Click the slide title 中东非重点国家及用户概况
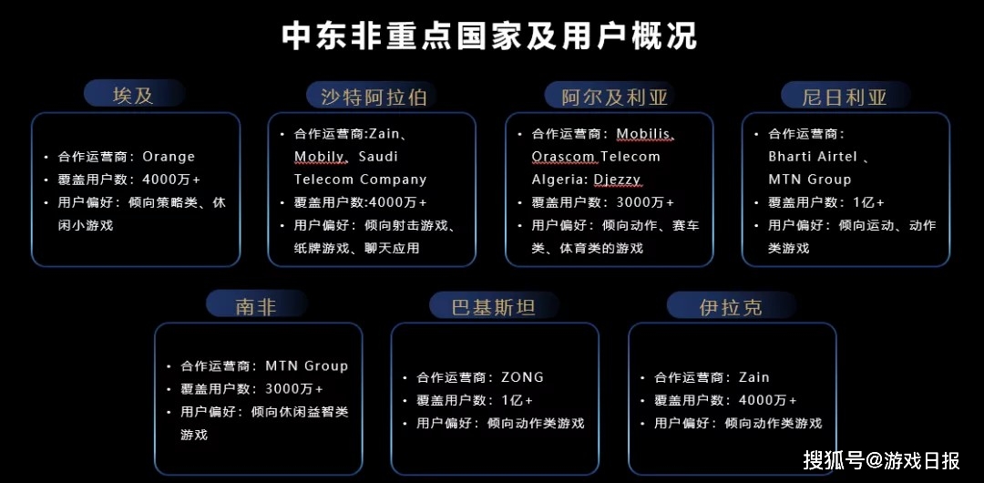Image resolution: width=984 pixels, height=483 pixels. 489,36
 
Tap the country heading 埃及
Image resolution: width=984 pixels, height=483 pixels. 134,96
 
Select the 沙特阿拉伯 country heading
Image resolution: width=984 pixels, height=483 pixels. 374,97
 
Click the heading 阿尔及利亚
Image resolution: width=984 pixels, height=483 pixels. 613,97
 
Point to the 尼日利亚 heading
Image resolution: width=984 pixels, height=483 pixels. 845,97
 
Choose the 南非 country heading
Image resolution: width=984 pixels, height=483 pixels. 256,306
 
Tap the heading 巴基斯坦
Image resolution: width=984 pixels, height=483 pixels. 493,307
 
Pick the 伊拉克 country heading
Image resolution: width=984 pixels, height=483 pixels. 731,307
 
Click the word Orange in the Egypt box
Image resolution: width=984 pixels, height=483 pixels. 169,157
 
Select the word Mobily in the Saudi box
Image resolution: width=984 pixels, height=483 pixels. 319,157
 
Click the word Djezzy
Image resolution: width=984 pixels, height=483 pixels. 617,180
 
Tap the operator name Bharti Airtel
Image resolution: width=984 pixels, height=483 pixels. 813,157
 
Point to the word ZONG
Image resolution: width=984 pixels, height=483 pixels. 522,377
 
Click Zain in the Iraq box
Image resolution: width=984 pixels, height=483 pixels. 753,377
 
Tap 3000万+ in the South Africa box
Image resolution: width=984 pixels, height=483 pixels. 294,388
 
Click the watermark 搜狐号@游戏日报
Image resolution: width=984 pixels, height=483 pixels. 881,460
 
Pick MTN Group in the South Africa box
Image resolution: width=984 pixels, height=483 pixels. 306,365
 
